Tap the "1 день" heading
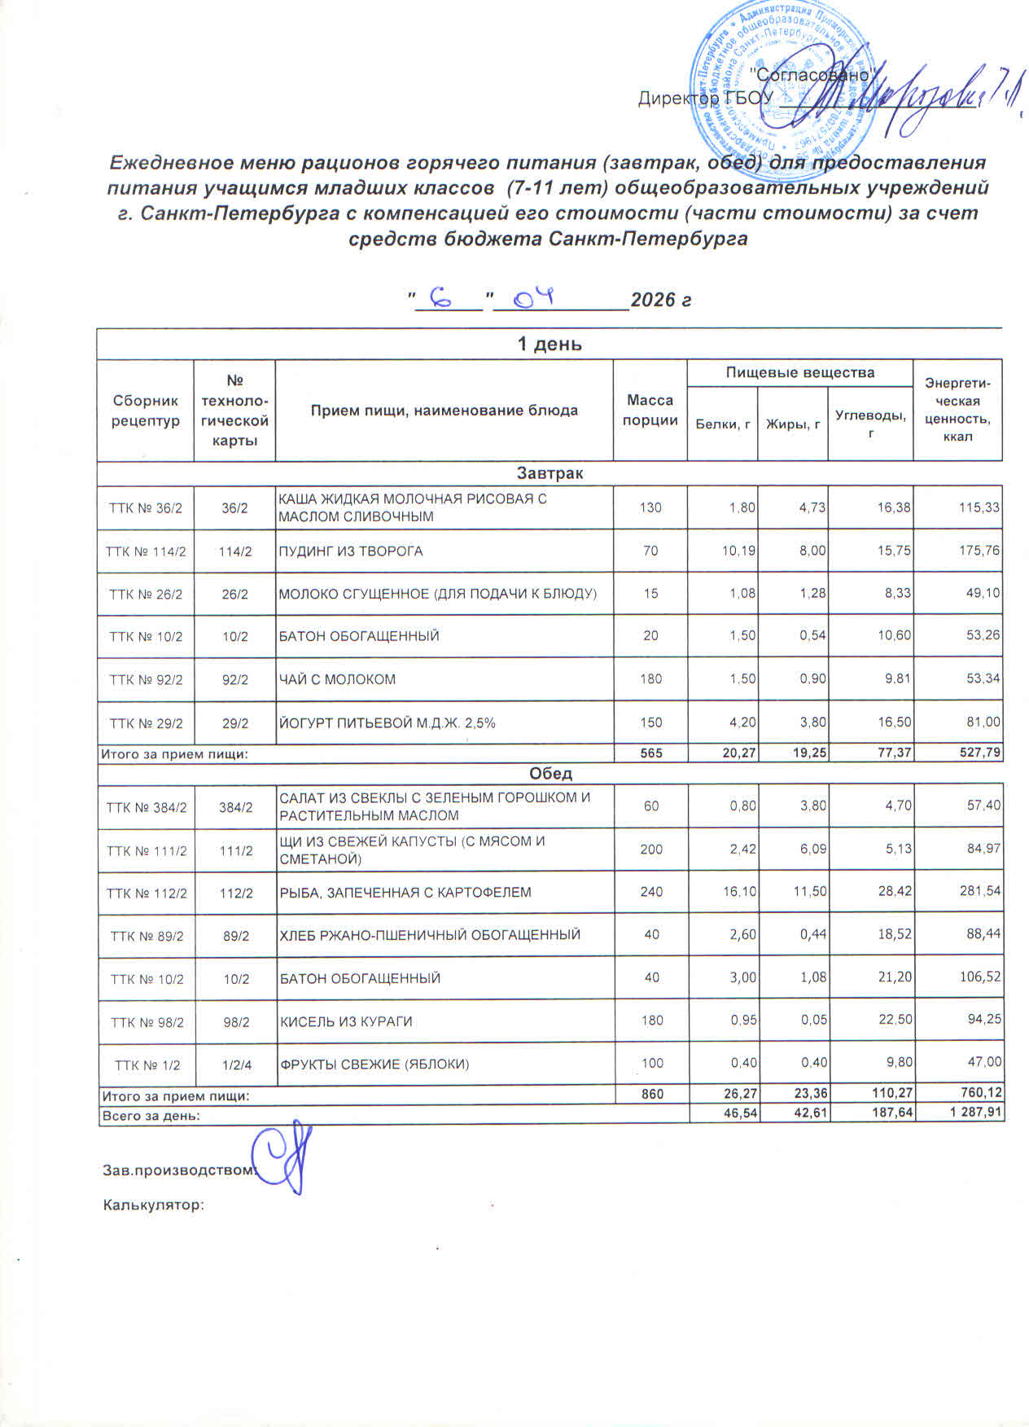click(x=550, y=344)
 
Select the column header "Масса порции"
click(x=650, y=410)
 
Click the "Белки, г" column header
click(x=722, y=424)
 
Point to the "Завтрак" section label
click(x=550, y=473)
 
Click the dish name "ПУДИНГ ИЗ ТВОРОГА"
click(x=351, y=551)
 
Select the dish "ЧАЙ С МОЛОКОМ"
click(x=338, y=678)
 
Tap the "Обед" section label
click(x=550, y=773)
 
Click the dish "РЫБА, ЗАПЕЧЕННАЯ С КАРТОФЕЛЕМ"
click(x=405, y=892)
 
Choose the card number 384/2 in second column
click(x=236, y=807)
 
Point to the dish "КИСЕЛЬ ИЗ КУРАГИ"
click(x=346, y=1021)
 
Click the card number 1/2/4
click(x=236, y=1064)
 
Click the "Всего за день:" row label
click(x=150, y=1114)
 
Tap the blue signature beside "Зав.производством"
click(x=281, y=1156)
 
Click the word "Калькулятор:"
click(x=153, y=1205)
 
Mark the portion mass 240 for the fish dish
click(x=651, y=892)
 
